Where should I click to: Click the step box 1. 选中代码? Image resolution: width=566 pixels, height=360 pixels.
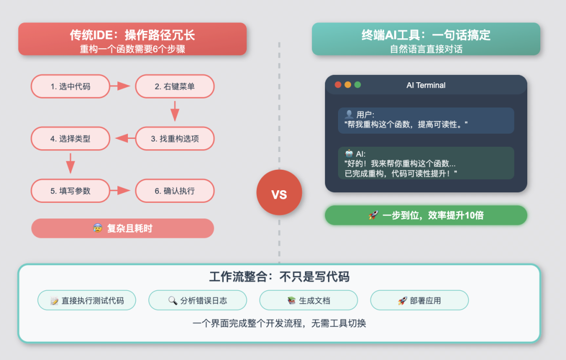70,86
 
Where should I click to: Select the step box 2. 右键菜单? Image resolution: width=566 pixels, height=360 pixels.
175,86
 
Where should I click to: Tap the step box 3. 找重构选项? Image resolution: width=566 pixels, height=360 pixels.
175,139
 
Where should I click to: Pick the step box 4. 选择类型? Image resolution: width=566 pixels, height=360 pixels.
70,139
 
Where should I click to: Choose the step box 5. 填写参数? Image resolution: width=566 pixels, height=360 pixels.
70,191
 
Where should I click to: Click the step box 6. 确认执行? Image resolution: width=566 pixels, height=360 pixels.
175,191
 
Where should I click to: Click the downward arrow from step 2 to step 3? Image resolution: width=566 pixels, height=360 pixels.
175,112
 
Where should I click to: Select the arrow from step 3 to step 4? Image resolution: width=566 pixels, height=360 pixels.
122,138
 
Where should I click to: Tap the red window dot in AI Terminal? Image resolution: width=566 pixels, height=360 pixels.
338,85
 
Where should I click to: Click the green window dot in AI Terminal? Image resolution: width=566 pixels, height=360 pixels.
358,85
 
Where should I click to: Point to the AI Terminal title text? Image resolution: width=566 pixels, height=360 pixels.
426,85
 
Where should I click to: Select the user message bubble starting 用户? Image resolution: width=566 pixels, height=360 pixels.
426,120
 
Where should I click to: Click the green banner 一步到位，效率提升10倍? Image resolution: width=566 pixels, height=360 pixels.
426,215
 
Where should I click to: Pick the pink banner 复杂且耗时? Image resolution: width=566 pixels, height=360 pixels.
123,228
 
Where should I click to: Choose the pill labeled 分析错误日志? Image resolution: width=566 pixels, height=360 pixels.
198,300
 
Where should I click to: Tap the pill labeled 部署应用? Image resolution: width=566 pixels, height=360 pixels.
419,300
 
